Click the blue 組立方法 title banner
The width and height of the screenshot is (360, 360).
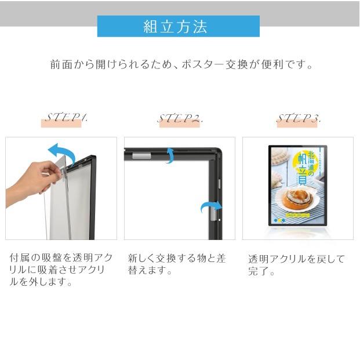(178, 27)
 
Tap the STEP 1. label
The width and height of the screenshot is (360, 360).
(66, 118)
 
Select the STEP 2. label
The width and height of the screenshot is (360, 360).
(180, 119)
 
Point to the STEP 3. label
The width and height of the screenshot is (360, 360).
(299, 119)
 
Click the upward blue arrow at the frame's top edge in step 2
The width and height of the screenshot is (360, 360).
(170, 155)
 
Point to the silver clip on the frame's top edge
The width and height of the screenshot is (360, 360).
(141, 155)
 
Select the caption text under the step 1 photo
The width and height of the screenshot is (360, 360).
(60, 270)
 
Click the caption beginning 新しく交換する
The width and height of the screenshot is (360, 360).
(176, 264)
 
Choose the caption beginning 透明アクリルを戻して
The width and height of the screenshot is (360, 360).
(296, 264)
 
